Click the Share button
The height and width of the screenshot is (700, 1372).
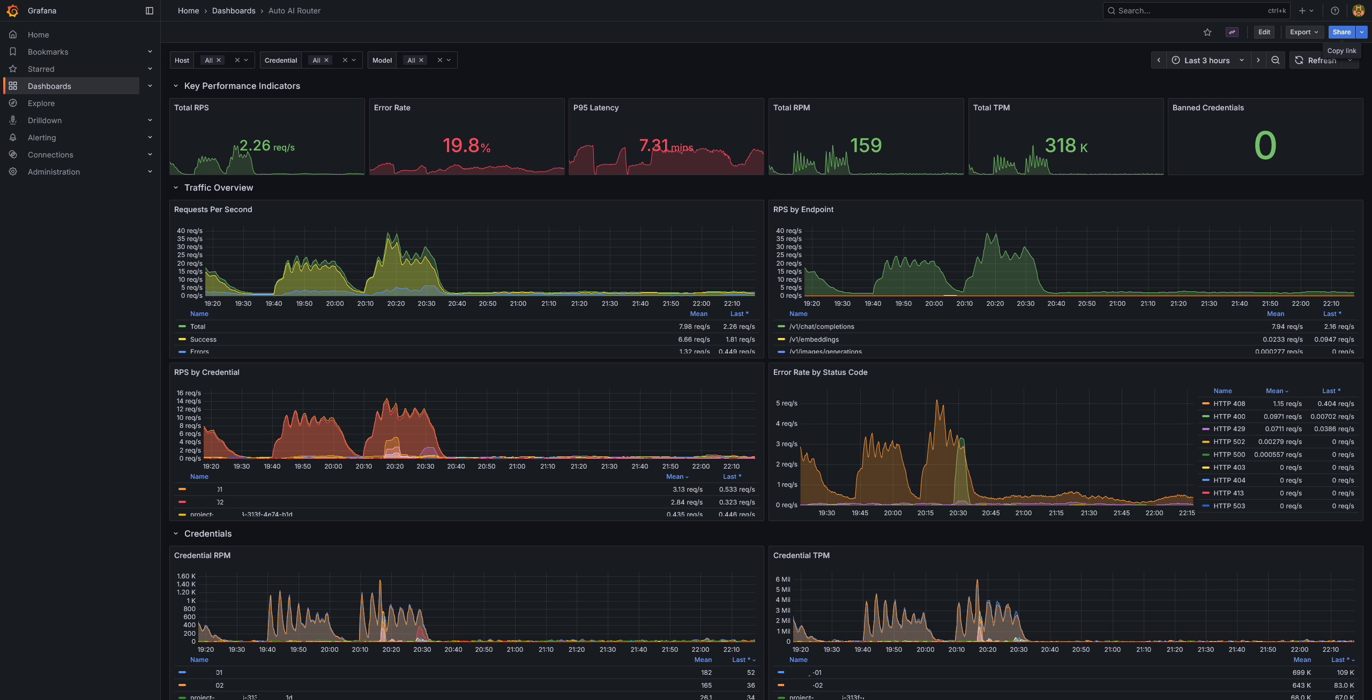(x=1341, y=32)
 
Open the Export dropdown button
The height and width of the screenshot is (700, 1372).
(x=1303, y=32)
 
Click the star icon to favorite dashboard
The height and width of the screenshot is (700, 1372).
(x=1207, y=32)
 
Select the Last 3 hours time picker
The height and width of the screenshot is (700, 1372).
(x=1207, y=61)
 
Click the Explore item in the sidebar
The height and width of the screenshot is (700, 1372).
(x=41, y=103)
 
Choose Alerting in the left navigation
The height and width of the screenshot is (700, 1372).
(x=42, y=138)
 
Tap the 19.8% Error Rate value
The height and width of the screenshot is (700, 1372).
(x=466, y=145)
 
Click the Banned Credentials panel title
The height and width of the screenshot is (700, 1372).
(x=1207, y=108)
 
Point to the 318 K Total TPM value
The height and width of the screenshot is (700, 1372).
(x=1065, y=145)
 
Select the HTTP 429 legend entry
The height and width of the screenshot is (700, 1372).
(x=1229, y=429)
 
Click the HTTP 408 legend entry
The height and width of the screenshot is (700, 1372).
(x=1229, y=404)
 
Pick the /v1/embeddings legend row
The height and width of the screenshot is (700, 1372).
(x=814, y=340)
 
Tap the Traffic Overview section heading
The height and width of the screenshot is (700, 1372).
(x=218, y=188)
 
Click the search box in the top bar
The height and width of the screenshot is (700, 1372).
(x=1190, y=11)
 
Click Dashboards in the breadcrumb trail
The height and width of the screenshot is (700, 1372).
(x=234, y=11)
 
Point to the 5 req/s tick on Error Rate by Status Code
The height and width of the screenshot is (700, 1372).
(x=786, y=403)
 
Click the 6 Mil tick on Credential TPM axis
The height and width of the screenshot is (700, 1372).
(x=782, y=579)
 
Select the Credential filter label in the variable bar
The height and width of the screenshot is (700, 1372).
(x=280, y=61)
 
